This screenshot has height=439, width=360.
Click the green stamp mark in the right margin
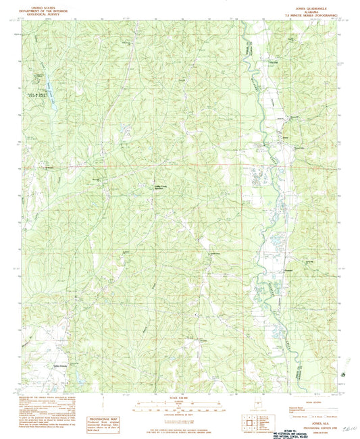coord(346,372)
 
